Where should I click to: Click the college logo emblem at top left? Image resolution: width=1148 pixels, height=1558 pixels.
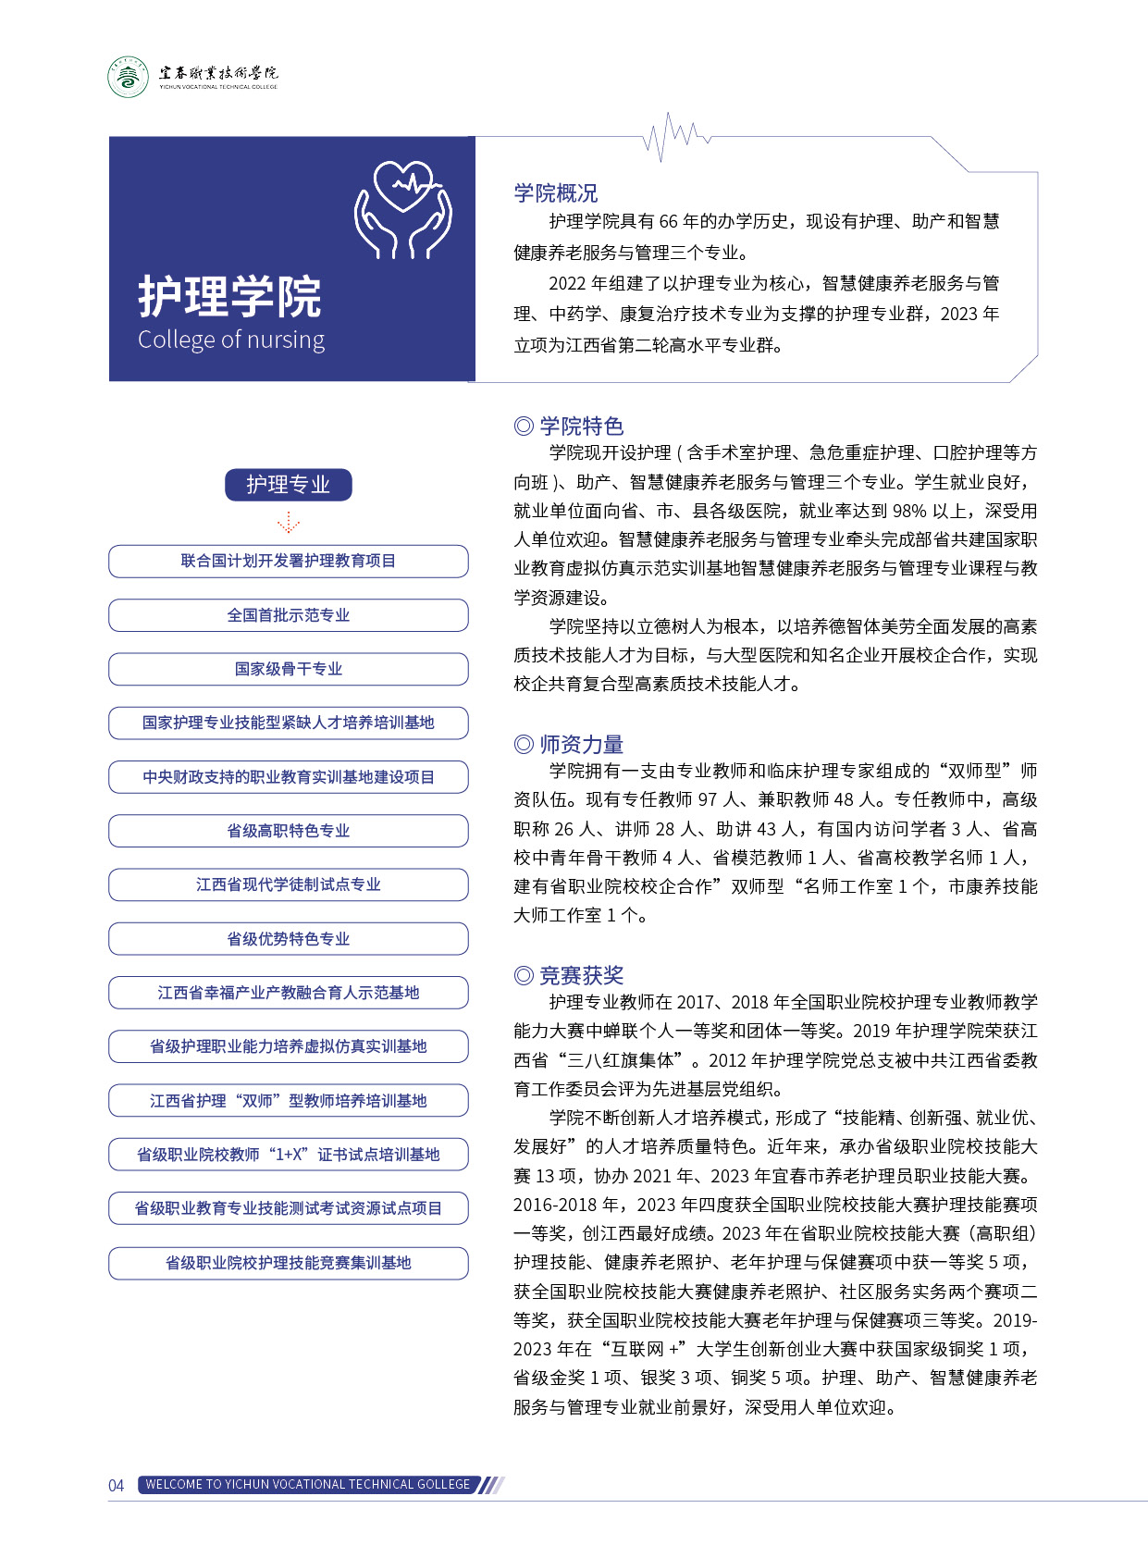click(x=128, y=77)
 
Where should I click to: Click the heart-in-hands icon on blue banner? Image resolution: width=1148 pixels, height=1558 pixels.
click(x=404, y=210)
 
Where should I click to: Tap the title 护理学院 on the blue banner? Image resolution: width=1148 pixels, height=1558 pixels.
click(x=229, y=297)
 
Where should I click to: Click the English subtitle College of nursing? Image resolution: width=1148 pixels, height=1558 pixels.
click(x=231, y=340)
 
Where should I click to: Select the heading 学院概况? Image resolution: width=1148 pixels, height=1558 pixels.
click(x=556, y=193)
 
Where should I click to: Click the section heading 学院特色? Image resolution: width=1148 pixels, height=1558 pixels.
click(x=569, y=426)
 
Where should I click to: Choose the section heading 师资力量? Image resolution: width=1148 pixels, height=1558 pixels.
click(x=569, y=744)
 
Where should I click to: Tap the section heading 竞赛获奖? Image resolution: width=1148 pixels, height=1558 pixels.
click(x=569, y=975)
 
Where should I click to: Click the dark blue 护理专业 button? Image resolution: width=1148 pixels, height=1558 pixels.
click(x=288, y=485)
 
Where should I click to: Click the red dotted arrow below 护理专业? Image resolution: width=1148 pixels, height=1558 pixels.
click(x=288, y=523)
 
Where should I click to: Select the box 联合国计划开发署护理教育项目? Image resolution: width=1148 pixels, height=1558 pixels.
click(x=288, y=561)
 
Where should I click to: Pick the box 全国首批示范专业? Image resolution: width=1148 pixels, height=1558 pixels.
click(x=288, y=615)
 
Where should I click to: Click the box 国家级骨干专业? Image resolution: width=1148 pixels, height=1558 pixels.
click(x=288, y=669)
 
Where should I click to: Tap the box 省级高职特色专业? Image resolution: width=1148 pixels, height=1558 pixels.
click(x=288, y=831)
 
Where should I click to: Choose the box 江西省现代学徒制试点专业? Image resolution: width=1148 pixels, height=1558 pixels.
click(x=288, y=884)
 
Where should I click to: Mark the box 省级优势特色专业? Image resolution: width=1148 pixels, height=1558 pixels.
click(x=288, y=939)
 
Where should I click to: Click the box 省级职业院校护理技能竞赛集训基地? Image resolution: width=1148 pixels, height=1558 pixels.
click(x=288, y=1263)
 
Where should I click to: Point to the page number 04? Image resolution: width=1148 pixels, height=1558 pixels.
click(x=117, y=1486)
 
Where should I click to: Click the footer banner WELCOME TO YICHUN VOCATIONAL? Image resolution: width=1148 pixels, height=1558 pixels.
click(x=308, y=1485)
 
